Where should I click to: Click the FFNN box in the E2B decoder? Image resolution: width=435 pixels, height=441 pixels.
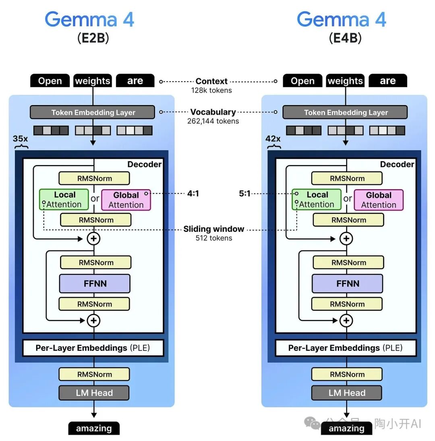[95, 284]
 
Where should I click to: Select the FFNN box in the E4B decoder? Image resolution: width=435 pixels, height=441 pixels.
[347, 284]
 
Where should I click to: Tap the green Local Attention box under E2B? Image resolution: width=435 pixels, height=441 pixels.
[64, 200]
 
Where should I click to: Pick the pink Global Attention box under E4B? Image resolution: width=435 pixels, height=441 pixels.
[378, 200]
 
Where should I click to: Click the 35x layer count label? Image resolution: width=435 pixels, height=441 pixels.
[20, 139]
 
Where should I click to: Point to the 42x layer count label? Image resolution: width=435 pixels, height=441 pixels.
[273, 139]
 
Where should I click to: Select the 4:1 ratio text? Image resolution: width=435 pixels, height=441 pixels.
[193, 194]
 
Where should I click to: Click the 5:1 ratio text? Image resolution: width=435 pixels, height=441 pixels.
[244, 194]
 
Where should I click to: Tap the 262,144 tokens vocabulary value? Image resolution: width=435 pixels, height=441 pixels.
[213, 121]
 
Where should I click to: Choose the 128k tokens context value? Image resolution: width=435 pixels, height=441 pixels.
[211, 91]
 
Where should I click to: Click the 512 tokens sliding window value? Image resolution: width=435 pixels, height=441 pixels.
[214, 238]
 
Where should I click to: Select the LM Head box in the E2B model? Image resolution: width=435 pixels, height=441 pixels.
[94, 393]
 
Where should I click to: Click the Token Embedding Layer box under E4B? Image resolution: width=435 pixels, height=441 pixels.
[345, 113]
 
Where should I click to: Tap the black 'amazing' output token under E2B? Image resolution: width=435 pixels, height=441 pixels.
[94, 429]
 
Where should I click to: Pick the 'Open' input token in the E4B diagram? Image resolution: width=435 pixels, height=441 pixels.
[302, 81]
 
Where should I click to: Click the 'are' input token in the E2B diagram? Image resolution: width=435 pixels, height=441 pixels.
[135, 81]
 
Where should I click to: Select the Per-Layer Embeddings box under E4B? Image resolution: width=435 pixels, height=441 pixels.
[345, 348]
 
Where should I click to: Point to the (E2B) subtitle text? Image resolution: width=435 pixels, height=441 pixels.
[93, 38]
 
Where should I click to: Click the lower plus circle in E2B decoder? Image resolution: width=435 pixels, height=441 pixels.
[94, 321]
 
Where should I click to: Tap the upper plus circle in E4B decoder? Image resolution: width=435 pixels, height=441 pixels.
[346, 239]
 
